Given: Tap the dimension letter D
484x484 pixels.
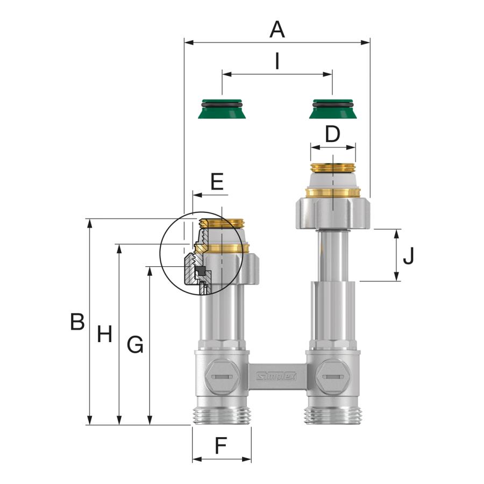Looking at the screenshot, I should [x=333, y=134].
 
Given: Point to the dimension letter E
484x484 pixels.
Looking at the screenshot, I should [x=217, y=182].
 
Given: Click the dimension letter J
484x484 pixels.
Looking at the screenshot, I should [x=409, y=256].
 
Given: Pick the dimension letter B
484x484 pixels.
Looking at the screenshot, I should [x=77, y=322].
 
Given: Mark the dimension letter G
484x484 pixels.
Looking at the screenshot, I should [x=135, y=344].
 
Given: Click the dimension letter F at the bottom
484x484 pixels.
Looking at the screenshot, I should [x=220, y=446].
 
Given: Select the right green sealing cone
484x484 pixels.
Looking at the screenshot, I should [x=332, y=110].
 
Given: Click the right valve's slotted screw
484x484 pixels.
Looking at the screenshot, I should [x=332, y=376].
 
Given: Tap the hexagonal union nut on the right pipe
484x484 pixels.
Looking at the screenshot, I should [x=332, y=213].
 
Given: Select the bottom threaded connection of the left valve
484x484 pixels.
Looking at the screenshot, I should [x=222, y=415].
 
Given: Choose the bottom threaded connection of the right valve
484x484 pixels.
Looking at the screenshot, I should [x=332, y=415].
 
